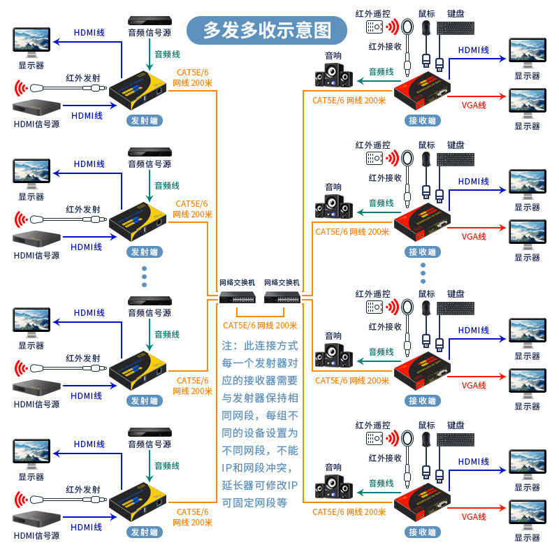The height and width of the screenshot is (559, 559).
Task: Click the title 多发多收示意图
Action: tap(267, 30)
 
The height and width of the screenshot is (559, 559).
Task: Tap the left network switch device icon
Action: tap(237, 297)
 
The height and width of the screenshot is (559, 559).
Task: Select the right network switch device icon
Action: tap(282, 297)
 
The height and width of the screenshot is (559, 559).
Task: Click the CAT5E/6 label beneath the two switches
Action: tap(260, 326)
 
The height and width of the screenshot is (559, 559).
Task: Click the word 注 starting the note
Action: tap(227, 346)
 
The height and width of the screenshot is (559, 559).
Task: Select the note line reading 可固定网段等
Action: tap(254, 503)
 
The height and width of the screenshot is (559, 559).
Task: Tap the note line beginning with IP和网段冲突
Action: tap(256, 468)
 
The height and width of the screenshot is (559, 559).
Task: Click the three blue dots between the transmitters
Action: tap(144, 277)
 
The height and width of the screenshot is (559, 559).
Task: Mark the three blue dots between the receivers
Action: tap(423, 273)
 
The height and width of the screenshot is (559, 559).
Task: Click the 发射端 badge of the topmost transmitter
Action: tap(145, 121)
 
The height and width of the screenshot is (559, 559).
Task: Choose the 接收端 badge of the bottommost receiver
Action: tap(423, 532)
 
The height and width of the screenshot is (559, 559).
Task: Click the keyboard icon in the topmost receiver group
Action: tap(456, 28)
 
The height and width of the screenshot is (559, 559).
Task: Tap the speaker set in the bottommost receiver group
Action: tap(334, 486)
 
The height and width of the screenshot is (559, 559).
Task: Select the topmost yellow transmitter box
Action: tap(138, 91)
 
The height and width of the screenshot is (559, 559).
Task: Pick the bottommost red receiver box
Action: tap(422, 502)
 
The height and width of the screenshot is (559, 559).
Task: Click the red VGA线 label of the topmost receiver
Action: tap(474, 106)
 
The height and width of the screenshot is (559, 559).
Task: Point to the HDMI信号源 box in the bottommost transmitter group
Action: tap(36, 518)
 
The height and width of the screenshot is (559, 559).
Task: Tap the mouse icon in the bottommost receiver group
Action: tap(426, 441)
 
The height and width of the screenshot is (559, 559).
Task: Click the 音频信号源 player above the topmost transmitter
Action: tap(150, 20)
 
